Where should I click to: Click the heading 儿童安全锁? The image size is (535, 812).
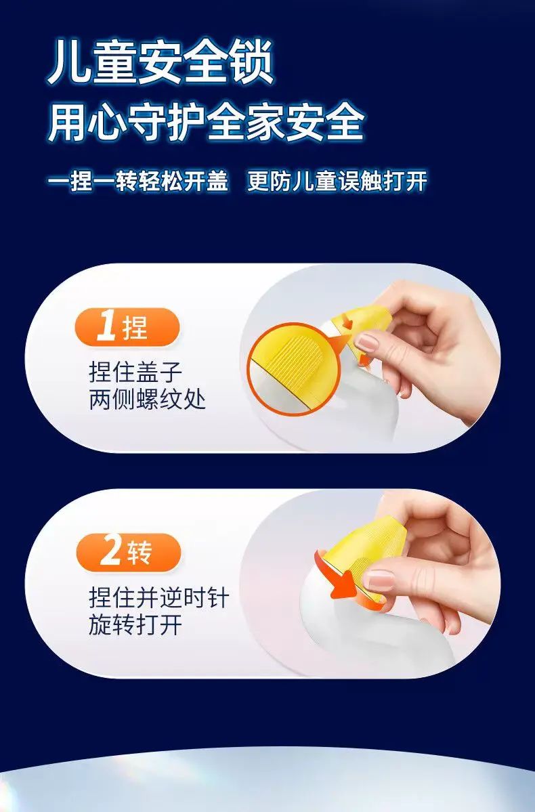tap(160, 63)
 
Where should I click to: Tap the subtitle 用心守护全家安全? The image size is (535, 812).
tap(206, 123)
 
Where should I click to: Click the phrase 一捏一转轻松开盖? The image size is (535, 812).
tap(138, 181)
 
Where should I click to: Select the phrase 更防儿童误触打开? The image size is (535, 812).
tap(337, 181)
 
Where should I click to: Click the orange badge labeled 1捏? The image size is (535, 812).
tap(127, 327)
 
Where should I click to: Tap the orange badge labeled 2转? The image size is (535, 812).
tap(129, 552)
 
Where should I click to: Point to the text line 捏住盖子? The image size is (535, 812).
tap(135, 371)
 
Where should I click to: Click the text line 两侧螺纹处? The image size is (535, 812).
tap(148, 400)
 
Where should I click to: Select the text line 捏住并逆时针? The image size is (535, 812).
tap(159, 597)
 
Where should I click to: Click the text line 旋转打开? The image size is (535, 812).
tap(135, 624)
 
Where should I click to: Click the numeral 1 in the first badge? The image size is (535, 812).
tap(107, 327)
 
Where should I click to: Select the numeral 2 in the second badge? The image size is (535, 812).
tap(110, 551)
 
